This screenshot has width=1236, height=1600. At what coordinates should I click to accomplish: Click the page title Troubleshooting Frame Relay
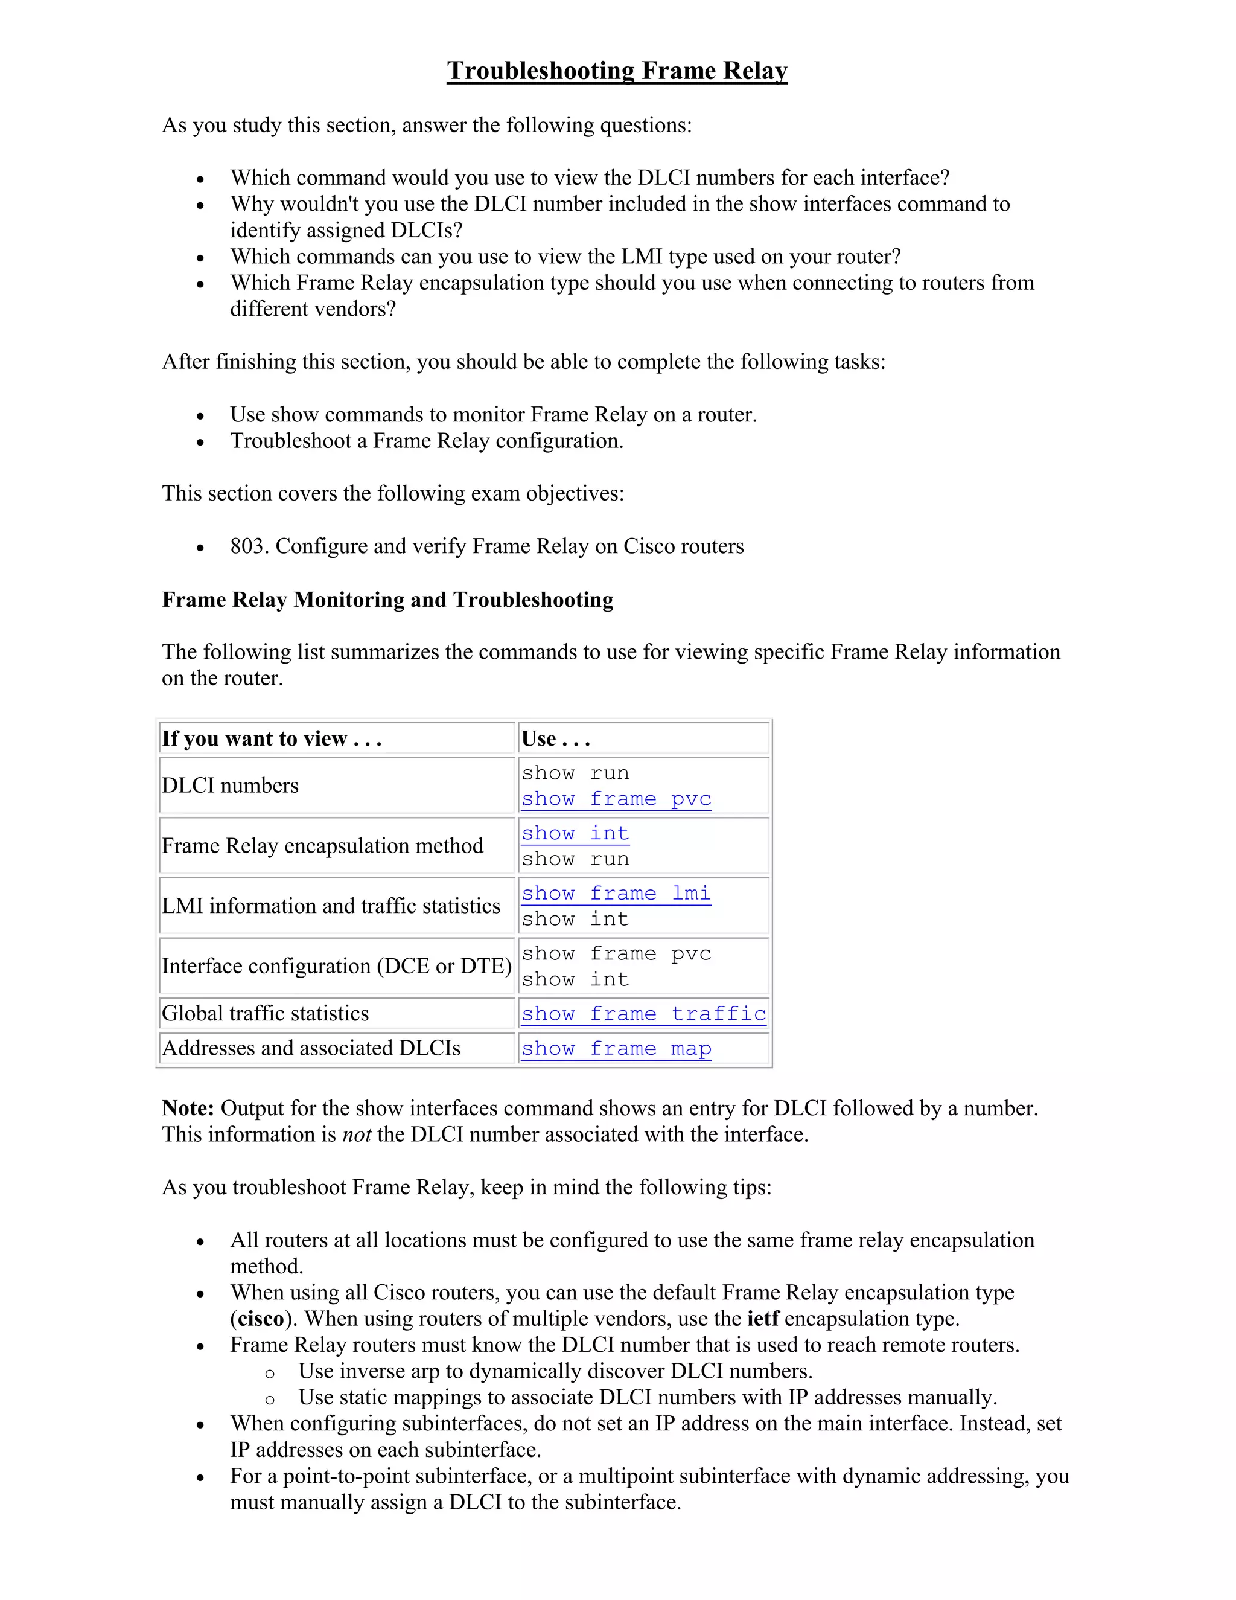point(617,70)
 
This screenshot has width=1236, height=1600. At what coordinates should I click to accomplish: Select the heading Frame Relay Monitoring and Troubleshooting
point(387,600)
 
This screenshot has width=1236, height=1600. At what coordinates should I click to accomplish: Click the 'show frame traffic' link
point(643,1013)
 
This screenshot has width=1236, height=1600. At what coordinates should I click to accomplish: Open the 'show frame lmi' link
point(616,893)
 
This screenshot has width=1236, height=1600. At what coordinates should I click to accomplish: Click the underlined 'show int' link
point(575,833)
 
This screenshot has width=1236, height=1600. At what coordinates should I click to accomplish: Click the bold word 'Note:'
point(188,1108)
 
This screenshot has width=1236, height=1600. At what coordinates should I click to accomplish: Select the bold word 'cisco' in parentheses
point(261,1319)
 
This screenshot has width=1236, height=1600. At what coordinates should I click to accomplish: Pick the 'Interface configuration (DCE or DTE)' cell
point(336,965)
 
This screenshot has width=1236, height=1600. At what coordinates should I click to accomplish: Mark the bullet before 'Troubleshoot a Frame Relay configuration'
point(200,443)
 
